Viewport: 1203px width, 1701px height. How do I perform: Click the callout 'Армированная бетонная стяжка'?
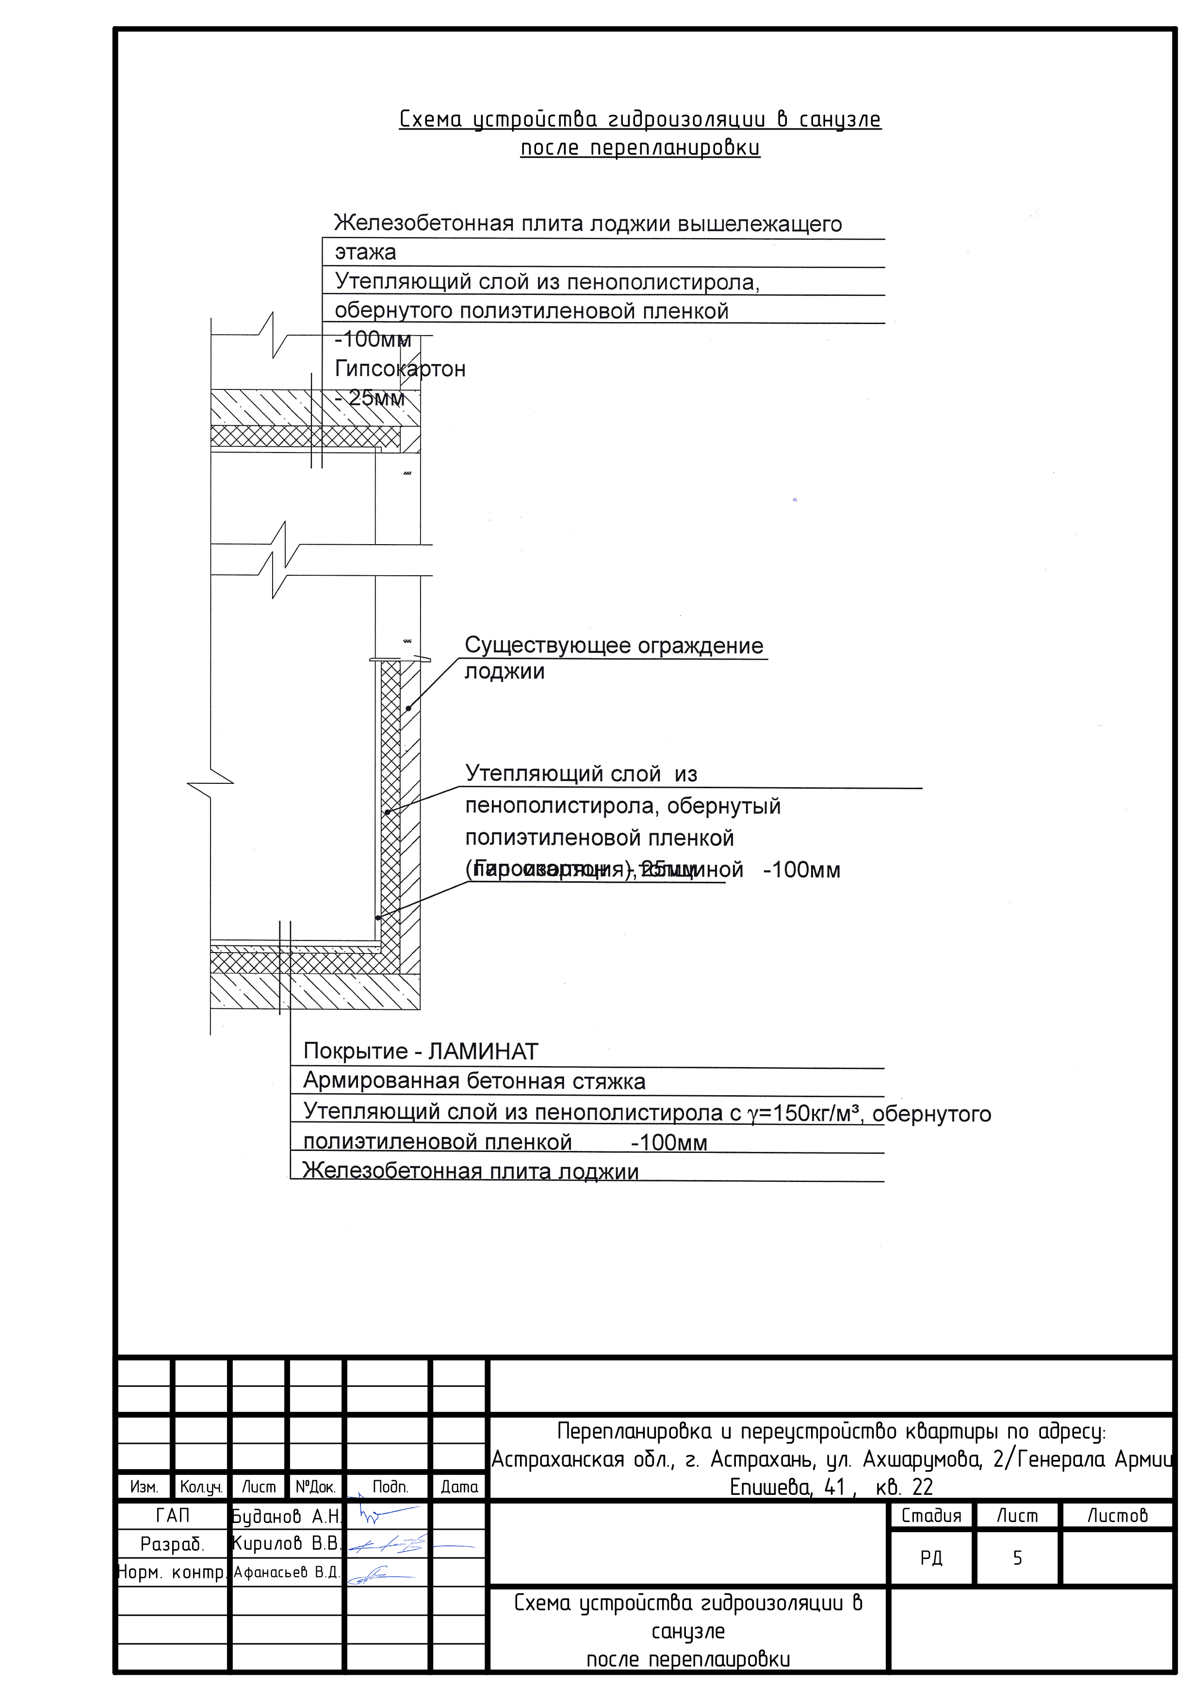pyautogui.click(x=474, y=1081)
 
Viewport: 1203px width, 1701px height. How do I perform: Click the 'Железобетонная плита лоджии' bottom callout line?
pyautogui.click(x=471, y=1171)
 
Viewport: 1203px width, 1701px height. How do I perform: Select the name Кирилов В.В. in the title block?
pyautogui.click(x=286, y=1544)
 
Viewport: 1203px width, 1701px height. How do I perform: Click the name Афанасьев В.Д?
pyautogui.click(x=286, y=1572)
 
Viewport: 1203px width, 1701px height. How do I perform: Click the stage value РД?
pyautogui.click(x=931, y=1558)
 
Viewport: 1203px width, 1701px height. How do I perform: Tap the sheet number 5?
pyautogui.click(x=1017, y=1558)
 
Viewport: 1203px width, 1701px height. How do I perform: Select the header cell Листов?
pyautogui.click(x=1117, y=1516)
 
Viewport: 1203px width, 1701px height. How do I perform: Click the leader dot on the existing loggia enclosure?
pyautogui.click(x=408, y=708)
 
